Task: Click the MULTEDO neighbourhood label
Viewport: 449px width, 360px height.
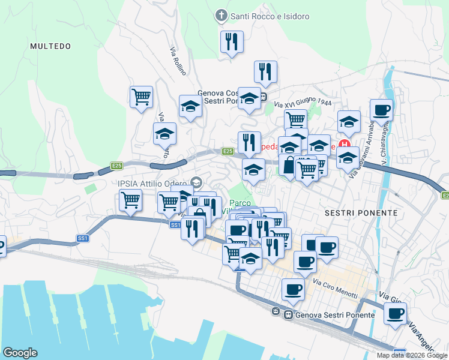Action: [50, 46]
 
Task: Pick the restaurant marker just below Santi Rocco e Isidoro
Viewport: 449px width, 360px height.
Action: [231, 42]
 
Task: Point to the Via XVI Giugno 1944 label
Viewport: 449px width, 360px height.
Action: [303, 103]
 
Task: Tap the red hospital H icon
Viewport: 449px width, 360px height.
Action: [345, 144]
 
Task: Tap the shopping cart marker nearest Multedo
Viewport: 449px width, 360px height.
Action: [141, 97]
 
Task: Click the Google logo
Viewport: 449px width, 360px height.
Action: [20, 353]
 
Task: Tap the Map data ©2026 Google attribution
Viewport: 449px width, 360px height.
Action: [411, 355]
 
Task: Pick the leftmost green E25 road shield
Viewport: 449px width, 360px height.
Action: [116, 165]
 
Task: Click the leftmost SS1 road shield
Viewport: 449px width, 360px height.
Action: [82, 238]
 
